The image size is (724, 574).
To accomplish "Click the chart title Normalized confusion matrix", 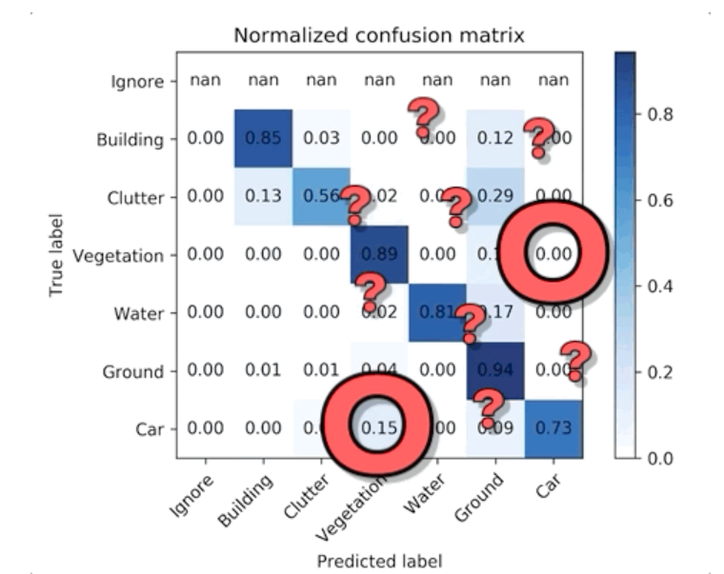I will coord(380,36).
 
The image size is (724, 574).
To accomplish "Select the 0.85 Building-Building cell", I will coord(264,139).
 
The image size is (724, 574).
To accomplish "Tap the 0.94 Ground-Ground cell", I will coord(495,371).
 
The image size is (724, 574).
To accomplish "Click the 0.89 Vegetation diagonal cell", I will coord(379,255).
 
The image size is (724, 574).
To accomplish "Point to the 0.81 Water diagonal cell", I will coord(437,313).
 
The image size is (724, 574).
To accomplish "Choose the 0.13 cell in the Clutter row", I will coord(264,197).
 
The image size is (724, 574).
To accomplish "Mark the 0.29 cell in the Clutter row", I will coord(495,197).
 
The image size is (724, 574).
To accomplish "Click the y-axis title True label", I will coord(58,255).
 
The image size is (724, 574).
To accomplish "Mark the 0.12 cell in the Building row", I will coord(495,139).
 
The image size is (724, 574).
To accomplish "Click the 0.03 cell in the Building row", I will coord(322,139).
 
